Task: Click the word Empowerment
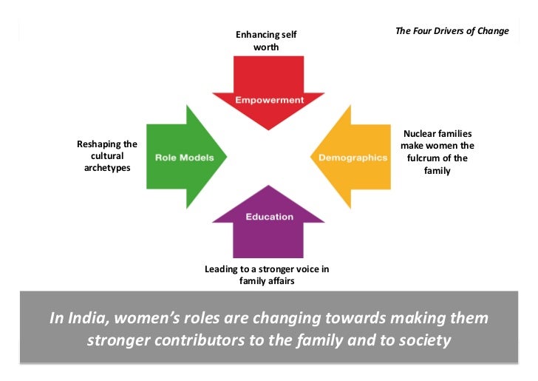(268, 99)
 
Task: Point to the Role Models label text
(184, 158)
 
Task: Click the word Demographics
(353, 158)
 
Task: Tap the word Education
(269, 217)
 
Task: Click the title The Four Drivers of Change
(452, 31)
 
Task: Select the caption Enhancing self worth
(267, 41)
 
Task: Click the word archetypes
(107, 168)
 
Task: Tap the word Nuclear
(418, 134)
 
